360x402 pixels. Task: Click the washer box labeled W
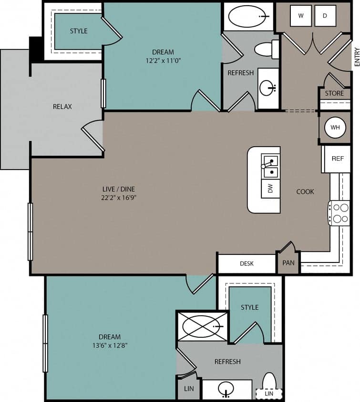tap(301, 16)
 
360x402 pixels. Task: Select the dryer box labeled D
tap(325, 16)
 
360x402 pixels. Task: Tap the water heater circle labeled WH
tap(335, 128)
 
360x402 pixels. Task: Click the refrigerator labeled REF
tap(338, 159)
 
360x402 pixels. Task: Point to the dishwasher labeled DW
tap(270, 189)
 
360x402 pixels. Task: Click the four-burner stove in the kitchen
tap(339, 213)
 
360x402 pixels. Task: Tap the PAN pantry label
tap(288, 263)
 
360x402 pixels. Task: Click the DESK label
tap(247, 263)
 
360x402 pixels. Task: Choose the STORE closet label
tap(334, 93)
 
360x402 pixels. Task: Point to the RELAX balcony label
tap(62, 106)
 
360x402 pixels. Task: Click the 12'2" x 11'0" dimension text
tap(163, 60)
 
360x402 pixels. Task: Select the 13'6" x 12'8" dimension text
tap(110, 345)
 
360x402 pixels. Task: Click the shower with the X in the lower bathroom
tap(202, 326)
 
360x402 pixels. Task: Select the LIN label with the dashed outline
tap(269, 394)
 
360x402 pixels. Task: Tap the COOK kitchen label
tap(305, 191)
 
